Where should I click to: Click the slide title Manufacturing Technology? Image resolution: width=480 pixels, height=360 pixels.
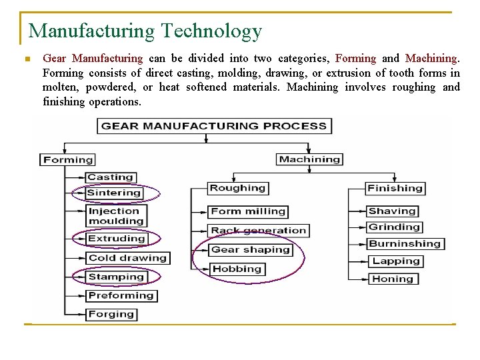point(145,31)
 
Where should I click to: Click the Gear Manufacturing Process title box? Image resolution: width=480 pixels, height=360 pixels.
point(214,125)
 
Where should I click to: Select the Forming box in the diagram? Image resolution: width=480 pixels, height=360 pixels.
point(68,159)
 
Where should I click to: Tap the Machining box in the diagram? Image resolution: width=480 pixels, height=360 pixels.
point(309,159)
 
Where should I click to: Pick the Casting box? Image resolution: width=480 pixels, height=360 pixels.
point(111,177)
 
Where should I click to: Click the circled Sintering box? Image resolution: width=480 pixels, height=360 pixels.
point(114,193)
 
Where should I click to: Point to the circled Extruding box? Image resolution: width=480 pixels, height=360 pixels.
point(117,238)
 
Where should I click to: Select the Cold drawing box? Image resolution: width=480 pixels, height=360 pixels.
point(127,257)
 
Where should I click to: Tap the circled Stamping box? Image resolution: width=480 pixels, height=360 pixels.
point(116,277)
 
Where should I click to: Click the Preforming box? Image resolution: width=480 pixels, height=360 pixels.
point(121,295)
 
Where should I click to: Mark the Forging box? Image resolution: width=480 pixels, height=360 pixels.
point(111,314)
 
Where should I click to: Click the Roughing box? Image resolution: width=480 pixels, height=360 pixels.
point(237,188)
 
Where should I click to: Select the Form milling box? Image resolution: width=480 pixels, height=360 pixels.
point(248,211)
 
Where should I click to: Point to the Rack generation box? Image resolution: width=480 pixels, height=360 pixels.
point(259,231)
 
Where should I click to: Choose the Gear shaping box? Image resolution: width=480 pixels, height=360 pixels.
point(251,250)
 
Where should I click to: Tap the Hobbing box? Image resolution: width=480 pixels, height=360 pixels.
point(237,269)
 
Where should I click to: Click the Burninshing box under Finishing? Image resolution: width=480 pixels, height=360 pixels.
point(405,244)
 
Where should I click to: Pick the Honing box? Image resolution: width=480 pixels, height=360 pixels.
point(393,279)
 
